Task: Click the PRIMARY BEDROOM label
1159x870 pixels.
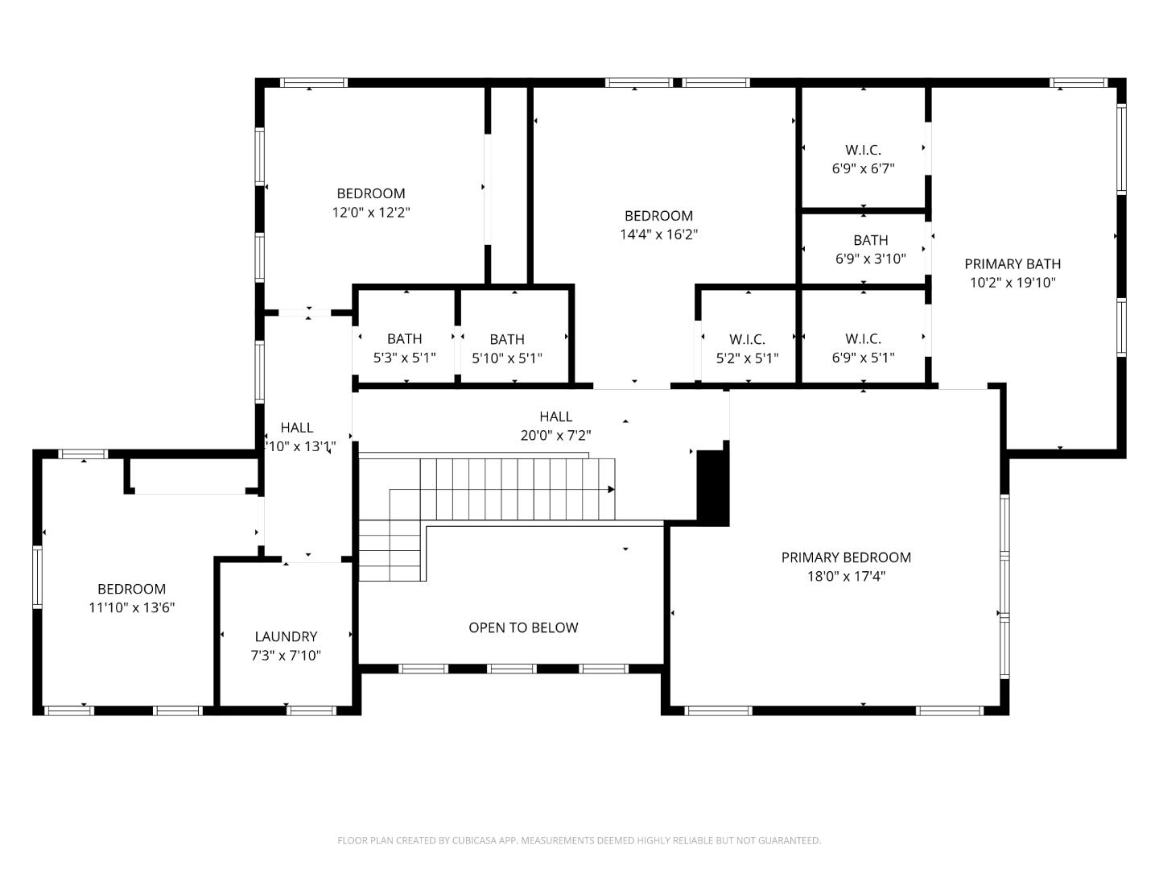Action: point(846,557)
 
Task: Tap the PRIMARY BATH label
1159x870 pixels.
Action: point(1012,263)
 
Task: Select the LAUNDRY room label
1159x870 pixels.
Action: point(286,636)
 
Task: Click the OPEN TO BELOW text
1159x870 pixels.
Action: point(523,628)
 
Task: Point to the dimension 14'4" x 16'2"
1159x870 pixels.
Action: point(658,234)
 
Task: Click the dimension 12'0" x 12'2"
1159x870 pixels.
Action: point(370,213)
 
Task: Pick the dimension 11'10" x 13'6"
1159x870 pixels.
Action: point(131,608)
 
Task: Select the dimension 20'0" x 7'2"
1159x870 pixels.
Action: point(555,436)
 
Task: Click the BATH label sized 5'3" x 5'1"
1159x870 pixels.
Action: point(404,339)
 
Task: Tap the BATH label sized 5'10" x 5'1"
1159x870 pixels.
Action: point(507,339)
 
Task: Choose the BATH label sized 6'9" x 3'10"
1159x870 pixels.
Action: point(870,240)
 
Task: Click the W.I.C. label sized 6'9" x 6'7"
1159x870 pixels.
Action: point(863,150)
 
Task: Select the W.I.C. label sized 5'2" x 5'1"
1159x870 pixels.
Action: point(747,339)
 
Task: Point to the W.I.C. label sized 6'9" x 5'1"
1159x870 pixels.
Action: point(863,339)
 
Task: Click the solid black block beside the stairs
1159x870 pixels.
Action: point(712,487)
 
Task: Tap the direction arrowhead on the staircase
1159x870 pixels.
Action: point(611,489)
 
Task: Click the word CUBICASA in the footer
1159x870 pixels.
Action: point(475,840)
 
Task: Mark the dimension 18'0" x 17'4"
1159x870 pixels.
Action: point(846,577)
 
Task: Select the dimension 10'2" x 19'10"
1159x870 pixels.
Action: point(1012,283)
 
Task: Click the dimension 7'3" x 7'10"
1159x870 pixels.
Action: point(286,656)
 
